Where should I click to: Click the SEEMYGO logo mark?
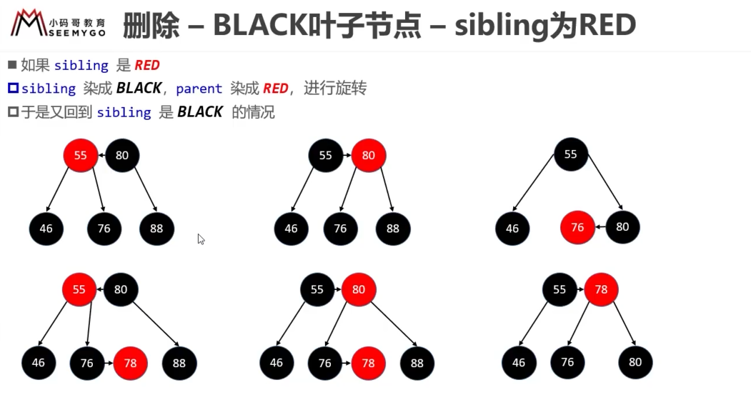click(29, 23)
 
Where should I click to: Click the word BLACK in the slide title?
click(259, 26)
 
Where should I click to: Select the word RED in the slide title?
click(607, 26)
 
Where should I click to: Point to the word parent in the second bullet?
click(199, 89)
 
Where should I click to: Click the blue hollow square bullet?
click(13, 88)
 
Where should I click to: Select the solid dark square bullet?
click(12, 64)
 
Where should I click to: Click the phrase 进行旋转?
click(335, 88)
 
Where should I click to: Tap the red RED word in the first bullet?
click(147, 65)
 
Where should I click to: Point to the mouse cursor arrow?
click(201, 239)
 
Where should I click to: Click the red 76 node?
click(577, 227)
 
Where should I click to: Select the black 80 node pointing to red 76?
click(622, 227)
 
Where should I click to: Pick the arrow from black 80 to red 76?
click(600, 227)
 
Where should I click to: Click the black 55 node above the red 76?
click(570, 154)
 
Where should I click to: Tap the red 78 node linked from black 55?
click(601, 290)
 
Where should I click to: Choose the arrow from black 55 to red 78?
click(580, 289)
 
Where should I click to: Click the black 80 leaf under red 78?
click(635, 362)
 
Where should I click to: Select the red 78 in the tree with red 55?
click(130, 364)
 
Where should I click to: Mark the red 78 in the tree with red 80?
click(368, 364)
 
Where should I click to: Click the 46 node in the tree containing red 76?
click(512, 229)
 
